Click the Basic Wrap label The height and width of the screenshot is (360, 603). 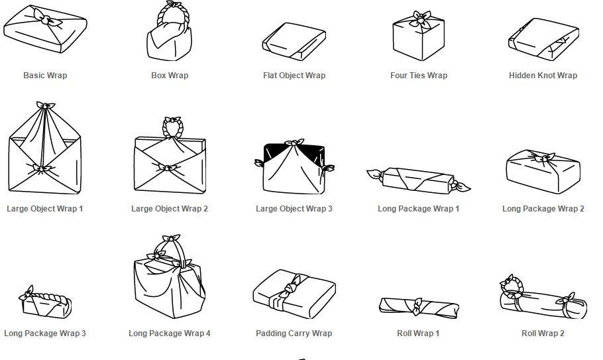[x=45, y=76]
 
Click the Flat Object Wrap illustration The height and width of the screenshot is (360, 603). [x=294, y=41]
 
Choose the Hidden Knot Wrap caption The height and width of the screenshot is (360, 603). [x=543, y=76]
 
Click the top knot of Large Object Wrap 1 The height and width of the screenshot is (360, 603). [x=45, y=105]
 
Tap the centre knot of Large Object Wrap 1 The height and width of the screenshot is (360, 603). [x=42, y=168]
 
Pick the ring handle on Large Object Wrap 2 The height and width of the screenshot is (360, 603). [x=173, y=127]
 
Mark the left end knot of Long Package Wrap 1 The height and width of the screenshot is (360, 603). [x=376, y=175]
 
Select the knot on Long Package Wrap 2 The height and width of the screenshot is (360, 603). [x=542, y=158]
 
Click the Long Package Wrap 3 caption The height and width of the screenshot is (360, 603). [x=45, y=333]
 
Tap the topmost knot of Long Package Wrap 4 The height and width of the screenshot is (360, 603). [x=171, y=239]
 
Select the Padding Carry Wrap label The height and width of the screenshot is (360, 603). [x=294, y=333]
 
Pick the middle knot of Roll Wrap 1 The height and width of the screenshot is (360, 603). [x=417, y=306]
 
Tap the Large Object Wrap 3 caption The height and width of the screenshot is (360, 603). [x=294, y=209]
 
